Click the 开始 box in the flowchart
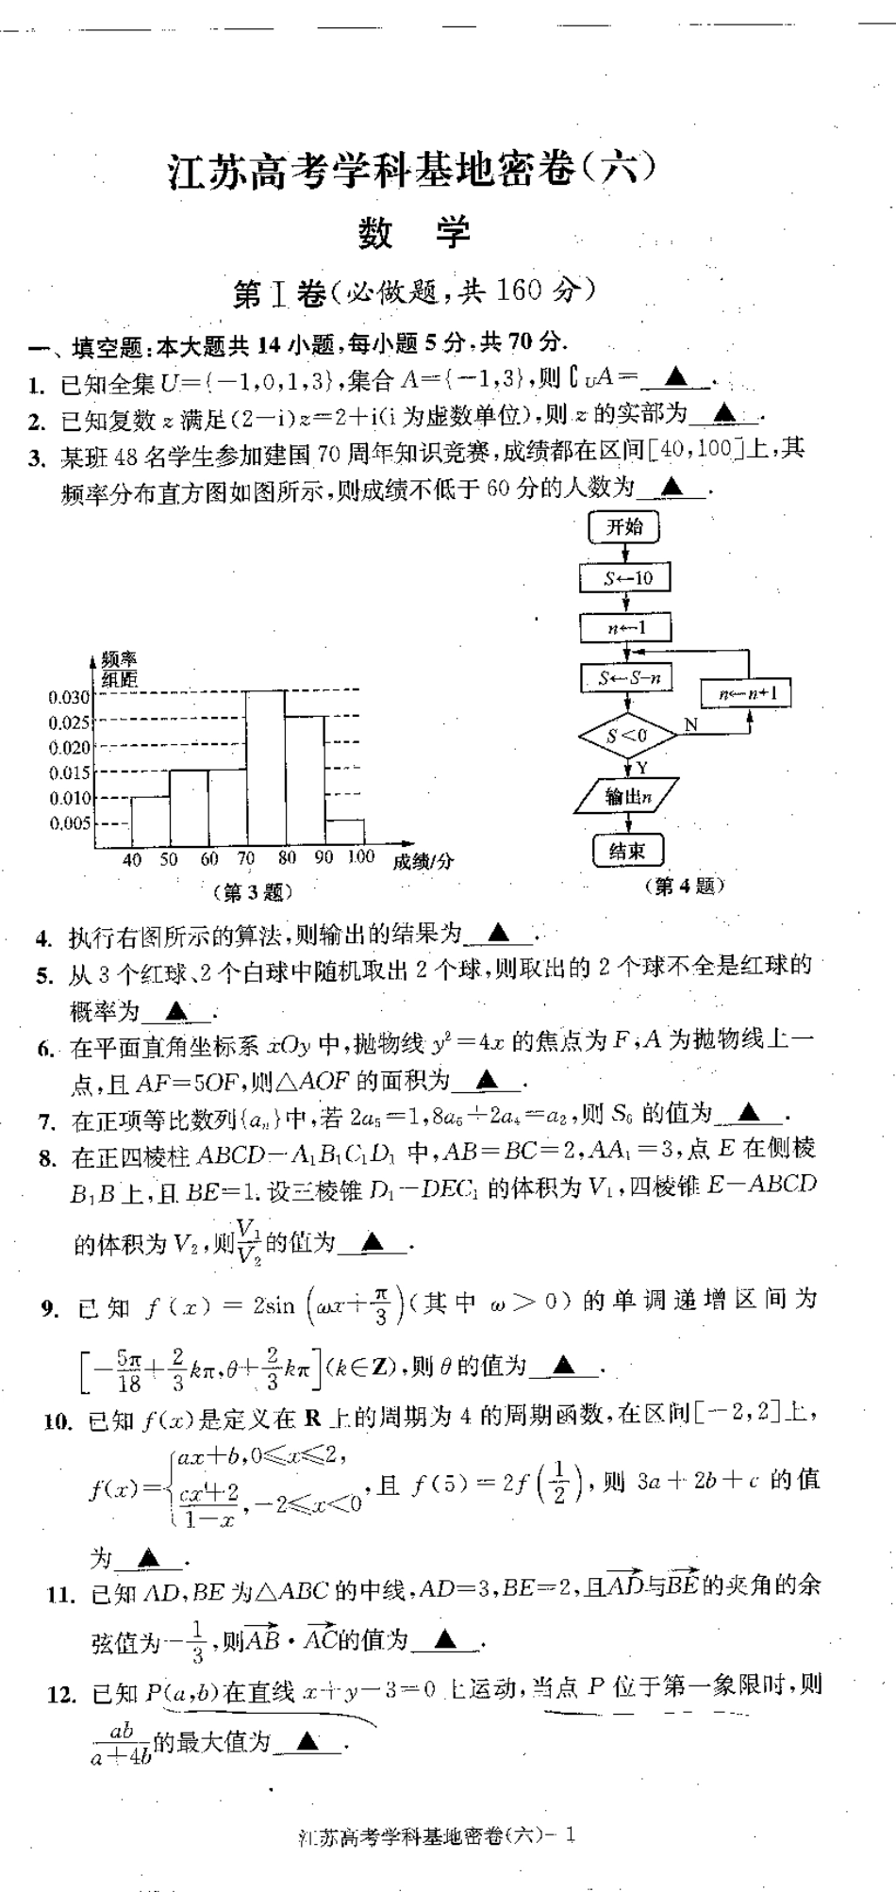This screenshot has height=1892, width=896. pos(623,527)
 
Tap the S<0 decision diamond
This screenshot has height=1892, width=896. pos(627,736)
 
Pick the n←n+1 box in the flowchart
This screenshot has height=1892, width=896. pos(746,694)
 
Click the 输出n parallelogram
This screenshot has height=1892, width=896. pos(626,797)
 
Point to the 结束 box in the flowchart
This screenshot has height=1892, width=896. pos(627,851)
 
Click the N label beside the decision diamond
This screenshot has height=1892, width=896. pos(691,724)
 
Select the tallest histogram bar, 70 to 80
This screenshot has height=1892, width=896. pos(265,769)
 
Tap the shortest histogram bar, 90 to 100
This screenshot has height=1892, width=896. pos(344,833)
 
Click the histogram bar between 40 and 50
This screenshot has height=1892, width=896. pos(150,822)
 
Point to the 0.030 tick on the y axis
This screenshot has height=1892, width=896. pos(69,697)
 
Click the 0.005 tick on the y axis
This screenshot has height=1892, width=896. pos(69,823)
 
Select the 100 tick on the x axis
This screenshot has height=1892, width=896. pos(360,857)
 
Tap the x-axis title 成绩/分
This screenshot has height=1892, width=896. pos(423,861)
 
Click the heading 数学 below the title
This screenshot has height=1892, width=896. pos(414,233)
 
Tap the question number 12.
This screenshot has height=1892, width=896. pos(60,1694)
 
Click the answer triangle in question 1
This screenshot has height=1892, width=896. pos(675,378)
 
